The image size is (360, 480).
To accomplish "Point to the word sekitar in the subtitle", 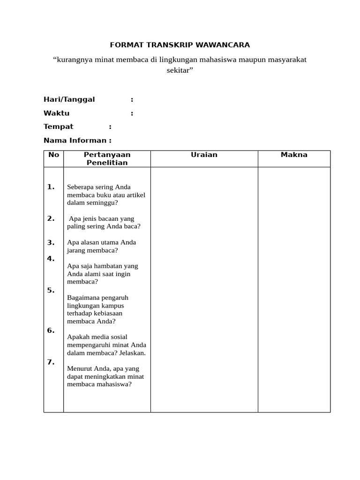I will click(x=179, y=70).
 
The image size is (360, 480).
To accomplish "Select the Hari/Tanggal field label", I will click(x=69, y=99).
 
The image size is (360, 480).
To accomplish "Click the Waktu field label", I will click(x=56, y=113).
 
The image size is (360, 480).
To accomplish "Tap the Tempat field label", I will click(x=59, y=127).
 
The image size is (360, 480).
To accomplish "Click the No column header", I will click(x=53, y=155).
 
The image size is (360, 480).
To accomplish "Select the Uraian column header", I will click(x=204, y=155).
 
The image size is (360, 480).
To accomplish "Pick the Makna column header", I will click(x=294, y=155).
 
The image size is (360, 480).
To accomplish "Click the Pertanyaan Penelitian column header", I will click(x=107, y=158).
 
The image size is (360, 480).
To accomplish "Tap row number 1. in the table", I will click(x=51, y=187).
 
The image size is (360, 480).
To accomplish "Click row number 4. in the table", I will click(x=51, y=258).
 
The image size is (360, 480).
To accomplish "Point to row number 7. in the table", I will click(x=51, y=362).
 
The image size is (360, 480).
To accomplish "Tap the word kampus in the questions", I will click(x=113, y=306).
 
